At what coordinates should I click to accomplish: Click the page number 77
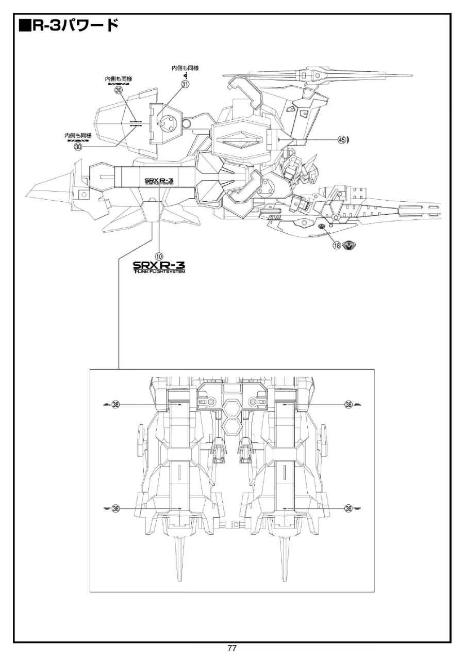[232, 648]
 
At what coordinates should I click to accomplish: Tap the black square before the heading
[25, 25]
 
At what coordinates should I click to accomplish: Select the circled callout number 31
[185, 85]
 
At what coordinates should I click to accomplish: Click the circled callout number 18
[337, 246]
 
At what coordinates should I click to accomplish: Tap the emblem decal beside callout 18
[350, 246]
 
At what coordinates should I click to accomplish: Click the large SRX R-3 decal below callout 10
[159, 267]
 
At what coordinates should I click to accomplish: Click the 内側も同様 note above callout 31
[185, 68]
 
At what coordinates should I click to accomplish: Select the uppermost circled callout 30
[119, 90]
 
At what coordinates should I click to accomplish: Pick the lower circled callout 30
[78, 147]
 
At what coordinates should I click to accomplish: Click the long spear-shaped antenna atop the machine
[320, 76]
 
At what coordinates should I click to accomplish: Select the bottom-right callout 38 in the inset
[349, 508]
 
